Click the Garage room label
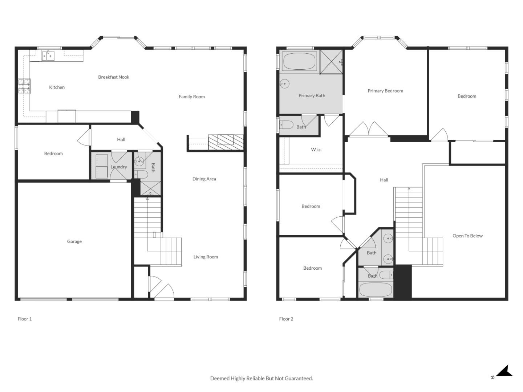click(74, 241)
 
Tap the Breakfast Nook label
click(114, 77)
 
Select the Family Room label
click(191, 97)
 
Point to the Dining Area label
click(204, 179)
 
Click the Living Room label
click(206, 257)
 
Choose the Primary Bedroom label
click(385, 91)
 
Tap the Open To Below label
click(467, 236)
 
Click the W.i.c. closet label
click(316, 150)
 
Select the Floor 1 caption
click(25, 319)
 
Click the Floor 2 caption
click(286, 319)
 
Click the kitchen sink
click(48, 56)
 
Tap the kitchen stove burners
click(24, 86)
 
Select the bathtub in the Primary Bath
click(299, 61)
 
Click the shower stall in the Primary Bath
click(331, 62)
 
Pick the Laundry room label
click(119, 167)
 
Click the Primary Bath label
click(312, 96)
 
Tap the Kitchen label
click(57, 87)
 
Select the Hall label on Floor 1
click(121, 139)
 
